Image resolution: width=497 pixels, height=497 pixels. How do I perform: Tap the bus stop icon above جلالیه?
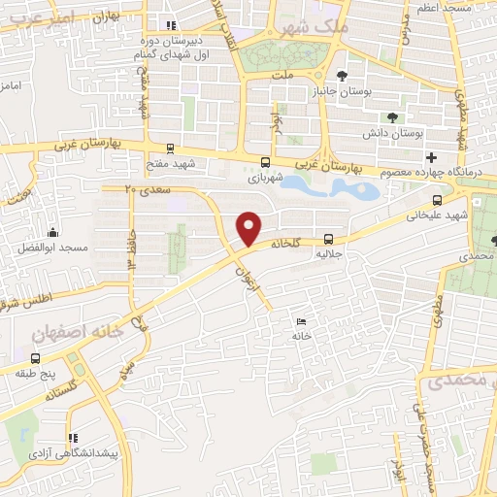pos(328,237)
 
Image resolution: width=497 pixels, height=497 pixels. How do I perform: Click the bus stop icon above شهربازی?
pos(265,162)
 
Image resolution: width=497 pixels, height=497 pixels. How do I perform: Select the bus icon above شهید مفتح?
pos(171,149)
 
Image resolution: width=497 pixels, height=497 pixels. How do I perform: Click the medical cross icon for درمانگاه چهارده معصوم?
pos(431,157)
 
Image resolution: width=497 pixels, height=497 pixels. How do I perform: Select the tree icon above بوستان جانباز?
pos(341,76)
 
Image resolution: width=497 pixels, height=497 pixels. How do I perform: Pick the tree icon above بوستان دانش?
pos(392,117)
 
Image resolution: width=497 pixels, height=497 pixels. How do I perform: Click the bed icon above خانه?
pos(301,321)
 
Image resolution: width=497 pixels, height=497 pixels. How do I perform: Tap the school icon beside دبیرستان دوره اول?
pos(172,26)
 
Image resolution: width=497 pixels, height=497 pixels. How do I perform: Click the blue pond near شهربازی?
pos(321,184)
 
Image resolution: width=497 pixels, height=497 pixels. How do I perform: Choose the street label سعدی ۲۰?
pos(147,189)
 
